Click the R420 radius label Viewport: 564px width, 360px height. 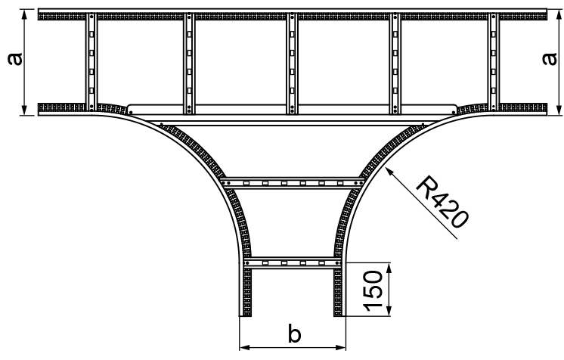(443, 202)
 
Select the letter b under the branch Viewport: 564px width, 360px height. (295, 332)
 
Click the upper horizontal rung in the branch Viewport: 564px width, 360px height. (293, 182)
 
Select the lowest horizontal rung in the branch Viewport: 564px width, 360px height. (293, 262)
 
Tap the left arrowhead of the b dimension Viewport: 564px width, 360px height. (243, 348)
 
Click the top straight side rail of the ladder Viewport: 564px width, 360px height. (293, 14)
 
